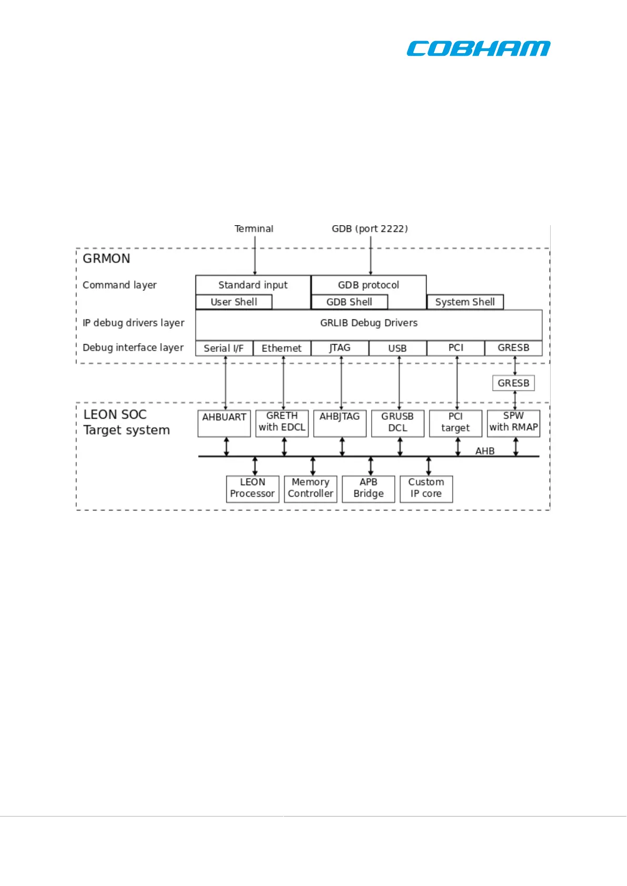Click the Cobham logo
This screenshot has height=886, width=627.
pyautogui.click(x=478, y=48)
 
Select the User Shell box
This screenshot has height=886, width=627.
pyautogui.click(x=234, y=302)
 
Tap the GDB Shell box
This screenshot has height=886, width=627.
pyautogui.click(x=349, y=302)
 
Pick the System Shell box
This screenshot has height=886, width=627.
pyautogui.click(x=465, y=302)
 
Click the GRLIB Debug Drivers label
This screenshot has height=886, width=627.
pyautogui.click(x=369, y=323)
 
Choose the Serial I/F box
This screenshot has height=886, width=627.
pyautogui.click(x=224, y=348)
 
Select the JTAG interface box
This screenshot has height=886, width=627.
pyautogui.click(x=340, y=348)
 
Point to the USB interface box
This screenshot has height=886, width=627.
pyautogui.click(x=397, y=348)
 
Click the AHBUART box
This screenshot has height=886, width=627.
pyautogui.click(x=224, y=423)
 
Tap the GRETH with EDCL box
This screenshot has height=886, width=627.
pyautogui.click(x=282, y=423)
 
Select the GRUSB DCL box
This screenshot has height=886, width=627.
pyautogui.click(x=397, y=423)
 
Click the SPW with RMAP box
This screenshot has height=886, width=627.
pyautogui.click(x=513, y=423)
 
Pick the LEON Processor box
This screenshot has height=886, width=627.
pyautogui.click(x=253, y=489)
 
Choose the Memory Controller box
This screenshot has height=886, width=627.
pyautogui.click(x=311, y=489)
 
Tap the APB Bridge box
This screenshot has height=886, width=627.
pyautogui.click(x=369, y=489)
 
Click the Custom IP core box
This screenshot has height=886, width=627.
pyautogui.click(x=426, y=489)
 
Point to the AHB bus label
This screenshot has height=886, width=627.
pyautogui.click(x=485, y=451)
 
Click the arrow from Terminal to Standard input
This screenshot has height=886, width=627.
pyautogui.click(x=255, y=255)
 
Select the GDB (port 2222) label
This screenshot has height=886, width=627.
pyautogui.click(x=370, y=229)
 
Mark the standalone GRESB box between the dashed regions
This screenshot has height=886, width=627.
pyautogui.click(x=513, y=383)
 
